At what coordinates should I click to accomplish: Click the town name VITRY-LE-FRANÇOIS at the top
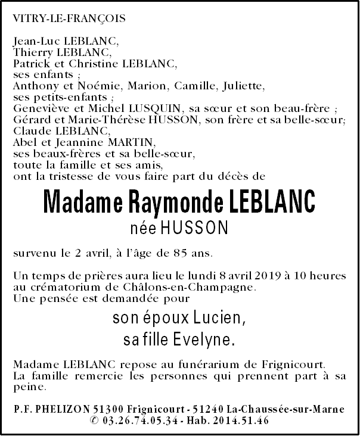click(x=69, y=19)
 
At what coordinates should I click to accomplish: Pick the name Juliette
click(x=243, y=86)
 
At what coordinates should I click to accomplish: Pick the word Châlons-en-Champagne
click(x=203, y=288)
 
